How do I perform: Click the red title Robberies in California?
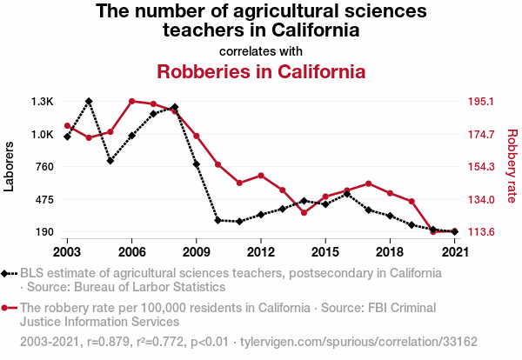tap(260, 70)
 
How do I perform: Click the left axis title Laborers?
tap(10, 167)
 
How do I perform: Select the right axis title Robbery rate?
tap(512, 167)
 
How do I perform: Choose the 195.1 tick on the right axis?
tap(480, 102)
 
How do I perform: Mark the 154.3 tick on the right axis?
tap(480, 167)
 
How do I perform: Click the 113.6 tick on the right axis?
tap(480, 232)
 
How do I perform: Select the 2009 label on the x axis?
tap(196, 252)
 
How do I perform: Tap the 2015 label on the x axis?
tap(325, 252)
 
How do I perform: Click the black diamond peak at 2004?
tap(89, 102)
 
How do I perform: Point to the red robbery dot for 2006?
tap(131, 102)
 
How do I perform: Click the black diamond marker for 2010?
tap(217, 221)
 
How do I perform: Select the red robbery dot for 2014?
tap(304, 212)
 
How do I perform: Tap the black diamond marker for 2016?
tap(346, 194)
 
